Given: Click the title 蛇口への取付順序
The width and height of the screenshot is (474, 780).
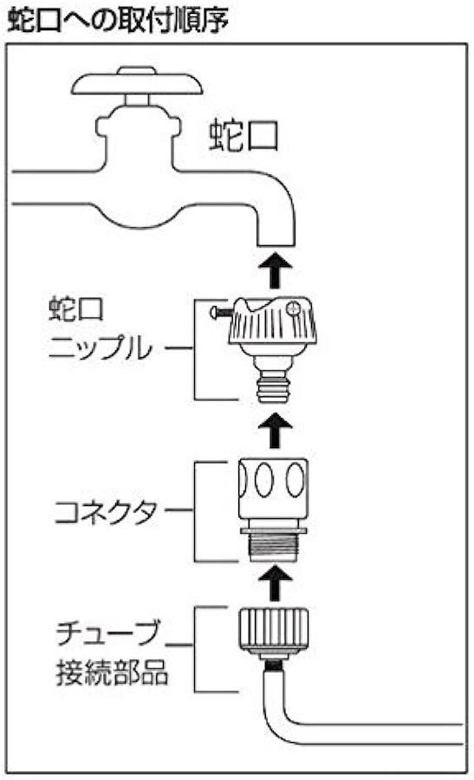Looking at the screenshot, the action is pos(119,21).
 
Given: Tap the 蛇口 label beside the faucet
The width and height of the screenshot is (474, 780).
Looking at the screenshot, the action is pos(243,134).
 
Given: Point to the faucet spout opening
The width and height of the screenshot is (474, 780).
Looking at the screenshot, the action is pos(276,245).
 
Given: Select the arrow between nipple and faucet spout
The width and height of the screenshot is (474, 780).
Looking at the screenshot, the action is pos(275,270).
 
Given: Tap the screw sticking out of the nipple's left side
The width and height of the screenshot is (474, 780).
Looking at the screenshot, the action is pos(221,312).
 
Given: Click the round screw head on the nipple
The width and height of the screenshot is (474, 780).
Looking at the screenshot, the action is pos(293,308).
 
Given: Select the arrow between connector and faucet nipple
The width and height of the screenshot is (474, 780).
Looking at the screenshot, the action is pos(275,430).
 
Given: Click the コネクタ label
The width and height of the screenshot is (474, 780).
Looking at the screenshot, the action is pos(106,512).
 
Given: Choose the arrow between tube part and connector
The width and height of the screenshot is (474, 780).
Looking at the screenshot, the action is pos(275,583).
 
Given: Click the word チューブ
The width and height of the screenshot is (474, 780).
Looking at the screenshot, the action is pos(108,633).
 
